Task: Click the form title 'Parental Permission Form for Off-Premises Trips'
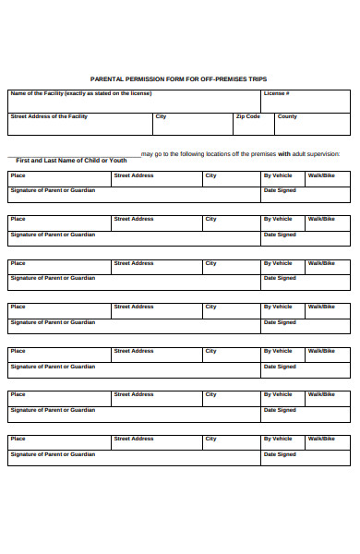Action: (x=179, y=79)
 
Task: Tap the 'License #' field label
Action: (x=277, y=93)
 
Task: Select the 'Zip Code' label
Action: (x=248, y=116)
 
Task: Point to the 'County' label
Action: (x=287, y=116)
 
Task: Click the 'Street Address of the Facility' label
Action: (x=49, y=116)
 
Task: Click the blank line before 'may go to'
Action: (x=74, y=154)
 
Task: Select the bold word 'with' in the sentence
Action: (x=284, y=153)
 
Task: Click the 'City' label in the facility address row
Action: (x=161, y=116)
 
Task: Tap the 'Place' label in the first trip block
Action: (x=18, y=175)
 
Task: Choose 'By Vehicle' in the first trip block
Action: (x=278, y=175)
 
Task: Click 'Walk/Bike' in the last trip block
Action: (x=321, y=439)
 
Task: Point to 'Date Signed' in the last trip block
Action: (x=280, y=454)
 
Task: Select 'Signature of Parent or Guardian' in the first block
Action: (x=53, y=190)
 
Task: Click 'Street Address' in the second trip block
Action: (x=134, y=219)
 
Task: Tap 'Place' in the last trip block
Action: (x=18, y=439)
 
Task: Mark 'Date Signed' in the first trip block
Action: (x=280, y=190)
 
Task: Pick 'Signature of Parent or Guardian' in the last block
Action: (x=53, y=454)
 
